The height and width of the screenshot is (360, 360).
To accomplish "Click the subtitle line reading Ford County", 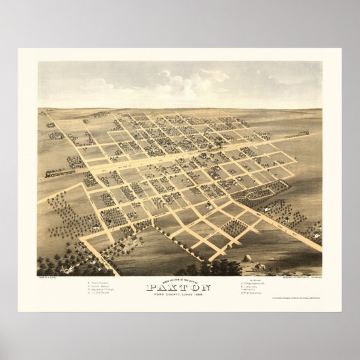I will [x=179, y=293].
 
